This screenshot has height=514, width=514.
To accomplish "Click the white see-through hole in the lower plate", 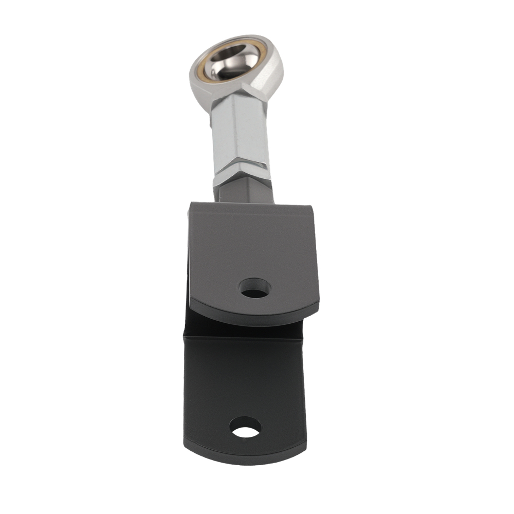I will (x=245, y=427).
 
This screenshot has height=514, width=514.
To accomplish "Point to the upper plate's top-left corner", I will (x=191, y=204).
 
